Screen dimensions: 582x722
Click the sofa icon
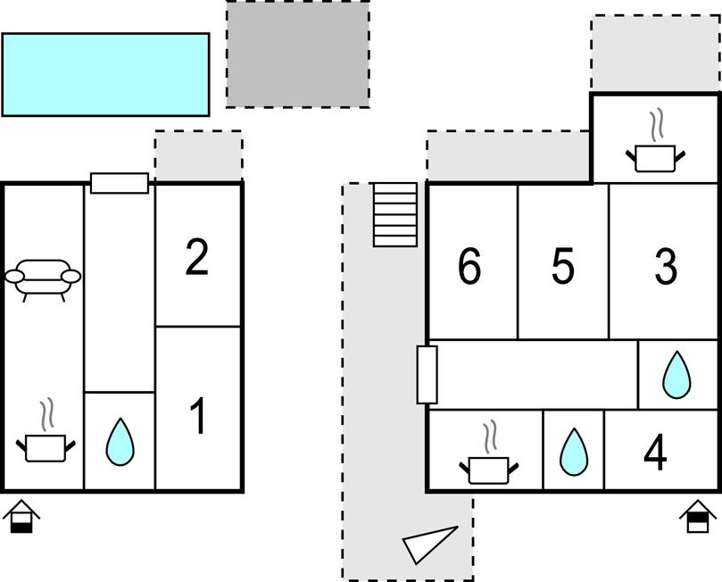(43, 278)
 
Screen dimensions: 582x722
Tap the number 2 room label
(197, 257)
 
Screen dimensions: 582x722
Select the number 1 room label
(198, 417)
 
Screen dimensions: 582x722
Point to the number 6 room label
(469, 267)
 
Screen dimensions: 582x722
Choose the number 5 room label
(562, 267)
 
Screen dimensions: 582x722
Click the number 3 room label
(665, 267)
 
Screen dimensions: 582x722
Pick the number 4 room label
(655, 453)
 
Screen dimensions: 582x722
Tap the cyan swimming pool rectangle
(105, 74)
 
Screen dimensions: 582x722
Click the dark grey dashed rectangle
(297, 54)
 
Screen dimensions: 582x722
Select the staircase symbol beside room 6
(394, 214)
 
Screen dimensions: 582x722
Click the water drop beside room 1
(119, 442)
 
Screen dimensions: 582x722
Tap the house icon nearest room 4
(698, 517)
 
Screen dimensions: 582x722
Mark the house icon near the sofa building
(21, 517)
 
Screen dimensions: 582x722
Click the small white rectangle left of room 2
(120, 183)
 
